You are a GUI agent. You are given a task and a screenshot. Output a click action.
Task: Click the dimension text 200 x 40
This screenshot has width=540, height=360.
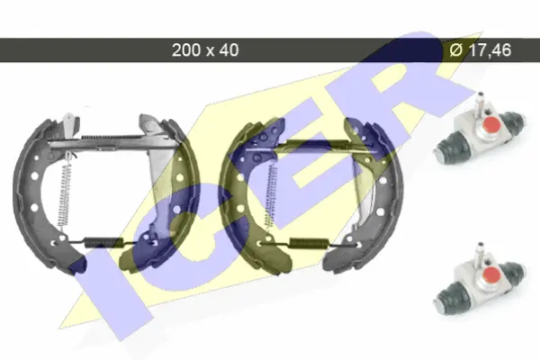pos(205,50)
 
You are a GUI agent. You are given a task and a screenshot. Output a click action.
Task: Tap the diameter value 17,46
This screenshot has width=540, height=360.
pos(490,50)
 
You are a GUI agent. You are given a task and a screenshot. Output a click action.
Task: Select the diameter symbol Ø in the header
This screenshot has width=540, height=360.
pos(456,50)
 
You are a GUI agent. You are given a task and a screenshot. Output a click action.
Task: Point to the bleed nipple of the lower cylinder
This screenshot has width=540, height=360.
pos(479,252)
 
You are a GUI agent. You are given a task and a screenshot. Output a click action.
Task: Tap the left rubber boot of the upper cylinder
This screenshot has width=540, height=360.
pos(446,148)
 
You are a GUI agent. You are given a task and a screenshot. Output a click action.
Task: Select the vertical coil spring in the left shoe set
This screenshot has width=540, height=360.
pos(65,193)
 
